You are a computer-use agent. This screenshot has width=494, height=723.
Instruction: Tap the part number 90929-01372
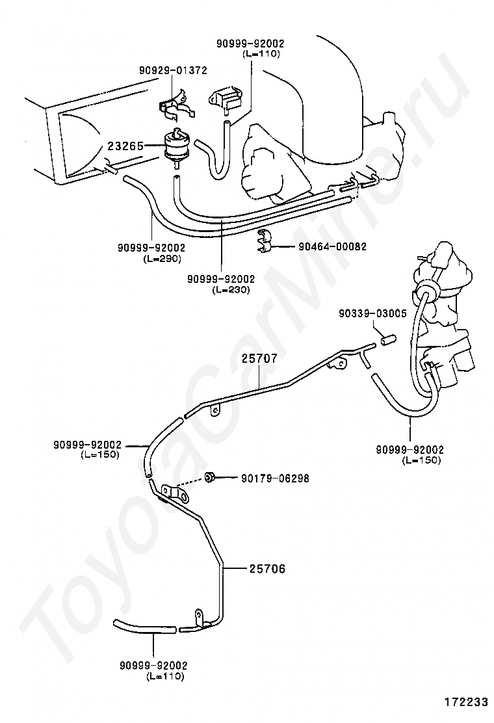click(x=174, y=71)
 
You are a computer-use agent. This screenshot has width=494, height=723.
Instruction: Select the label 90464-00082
click(x=333, y=246)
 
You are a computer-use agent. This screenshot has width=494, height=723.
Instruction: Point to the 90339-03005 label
click(x=373, y=314)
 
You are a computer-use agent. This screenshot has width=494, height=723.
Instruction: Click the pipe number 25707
click(x=259, y=358)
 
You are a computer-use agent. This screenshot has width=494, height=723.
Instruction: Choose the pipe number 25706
click(x=267, y=569)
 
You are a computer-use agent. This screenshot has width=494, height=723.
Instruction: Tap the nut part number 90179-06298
click(x=275, y=479)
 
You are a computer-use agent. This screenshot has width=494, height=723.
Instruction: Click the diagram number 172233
click(x=466, y=702)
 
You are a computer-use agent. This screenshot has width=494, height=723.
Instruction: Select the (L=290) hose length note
click(x=161, y=259)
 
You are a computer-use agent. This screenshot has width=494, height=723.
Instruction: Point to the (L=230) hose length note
click(x=231, y=290)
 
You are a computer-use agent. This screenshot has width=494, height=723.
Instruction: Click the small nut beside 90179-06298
click(x=209, y=477)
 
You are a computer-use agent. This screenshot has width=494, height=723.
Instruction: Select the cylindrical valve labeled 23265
click(x=175, y=145)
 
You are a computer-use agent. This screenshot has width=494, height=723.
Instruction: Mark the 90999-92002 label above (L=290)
click(x=151, y=248)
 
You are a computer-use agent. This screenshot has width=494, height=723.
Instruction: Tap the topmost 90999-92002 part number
click(x=251, y=44)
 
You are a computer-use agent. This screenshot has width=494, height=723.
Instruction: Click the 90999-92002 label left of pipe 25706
click(x=88, y=445)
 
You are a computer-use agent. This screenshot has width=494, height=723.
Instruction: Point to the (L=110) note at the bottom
click(x=165, y=676)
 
